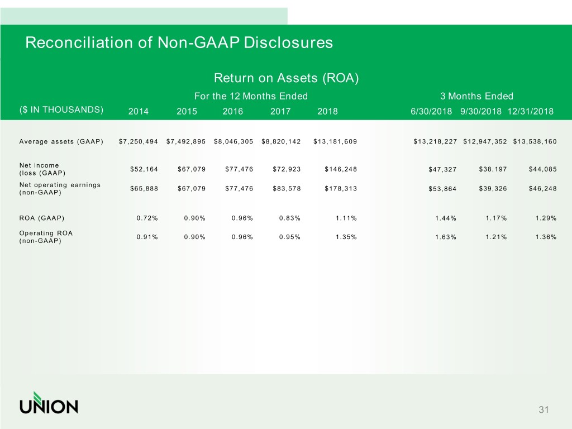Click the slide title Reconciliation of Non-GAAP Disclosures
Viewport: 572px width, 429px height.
click(179, 42)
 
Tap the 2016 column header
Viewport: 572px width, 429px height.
click(232, 111)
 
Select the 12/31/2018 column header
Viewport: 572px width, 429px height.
click(531, 111)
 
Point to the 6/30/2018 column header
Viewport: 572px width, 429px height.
click(431, 111)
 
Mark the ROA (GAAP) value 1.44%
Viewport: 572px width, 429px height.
click(445, 218)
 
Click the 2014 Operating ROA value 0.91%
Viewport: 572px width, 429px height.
click(147, 237)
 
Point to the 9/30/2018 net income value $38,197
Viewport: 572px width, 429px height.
click(493, 169)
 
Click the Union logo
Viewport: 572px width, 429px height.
click(49, 403)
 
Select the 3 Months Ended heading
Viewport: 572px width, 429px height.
click(476, 96)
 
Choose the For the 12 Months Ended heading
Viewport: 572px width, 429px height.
click(251, 96)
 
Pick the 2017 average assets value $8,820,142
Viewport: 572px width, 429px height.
click(281, 141)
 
